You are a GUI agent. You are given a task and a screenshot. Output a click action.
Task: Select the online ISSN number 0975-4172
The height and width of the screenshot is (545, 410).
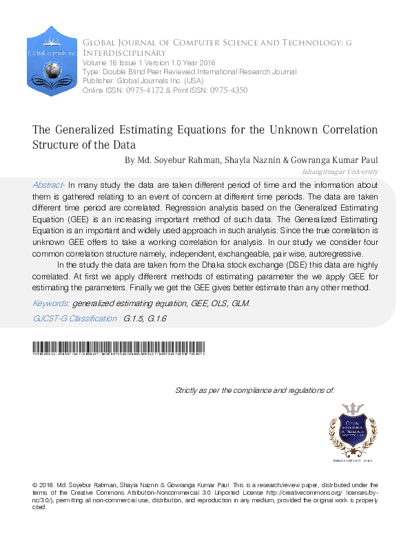(145, 90)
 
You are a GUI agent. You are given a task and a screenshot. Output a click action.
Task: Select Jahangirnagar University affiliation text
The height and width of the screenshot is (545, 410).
(340, 171)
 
